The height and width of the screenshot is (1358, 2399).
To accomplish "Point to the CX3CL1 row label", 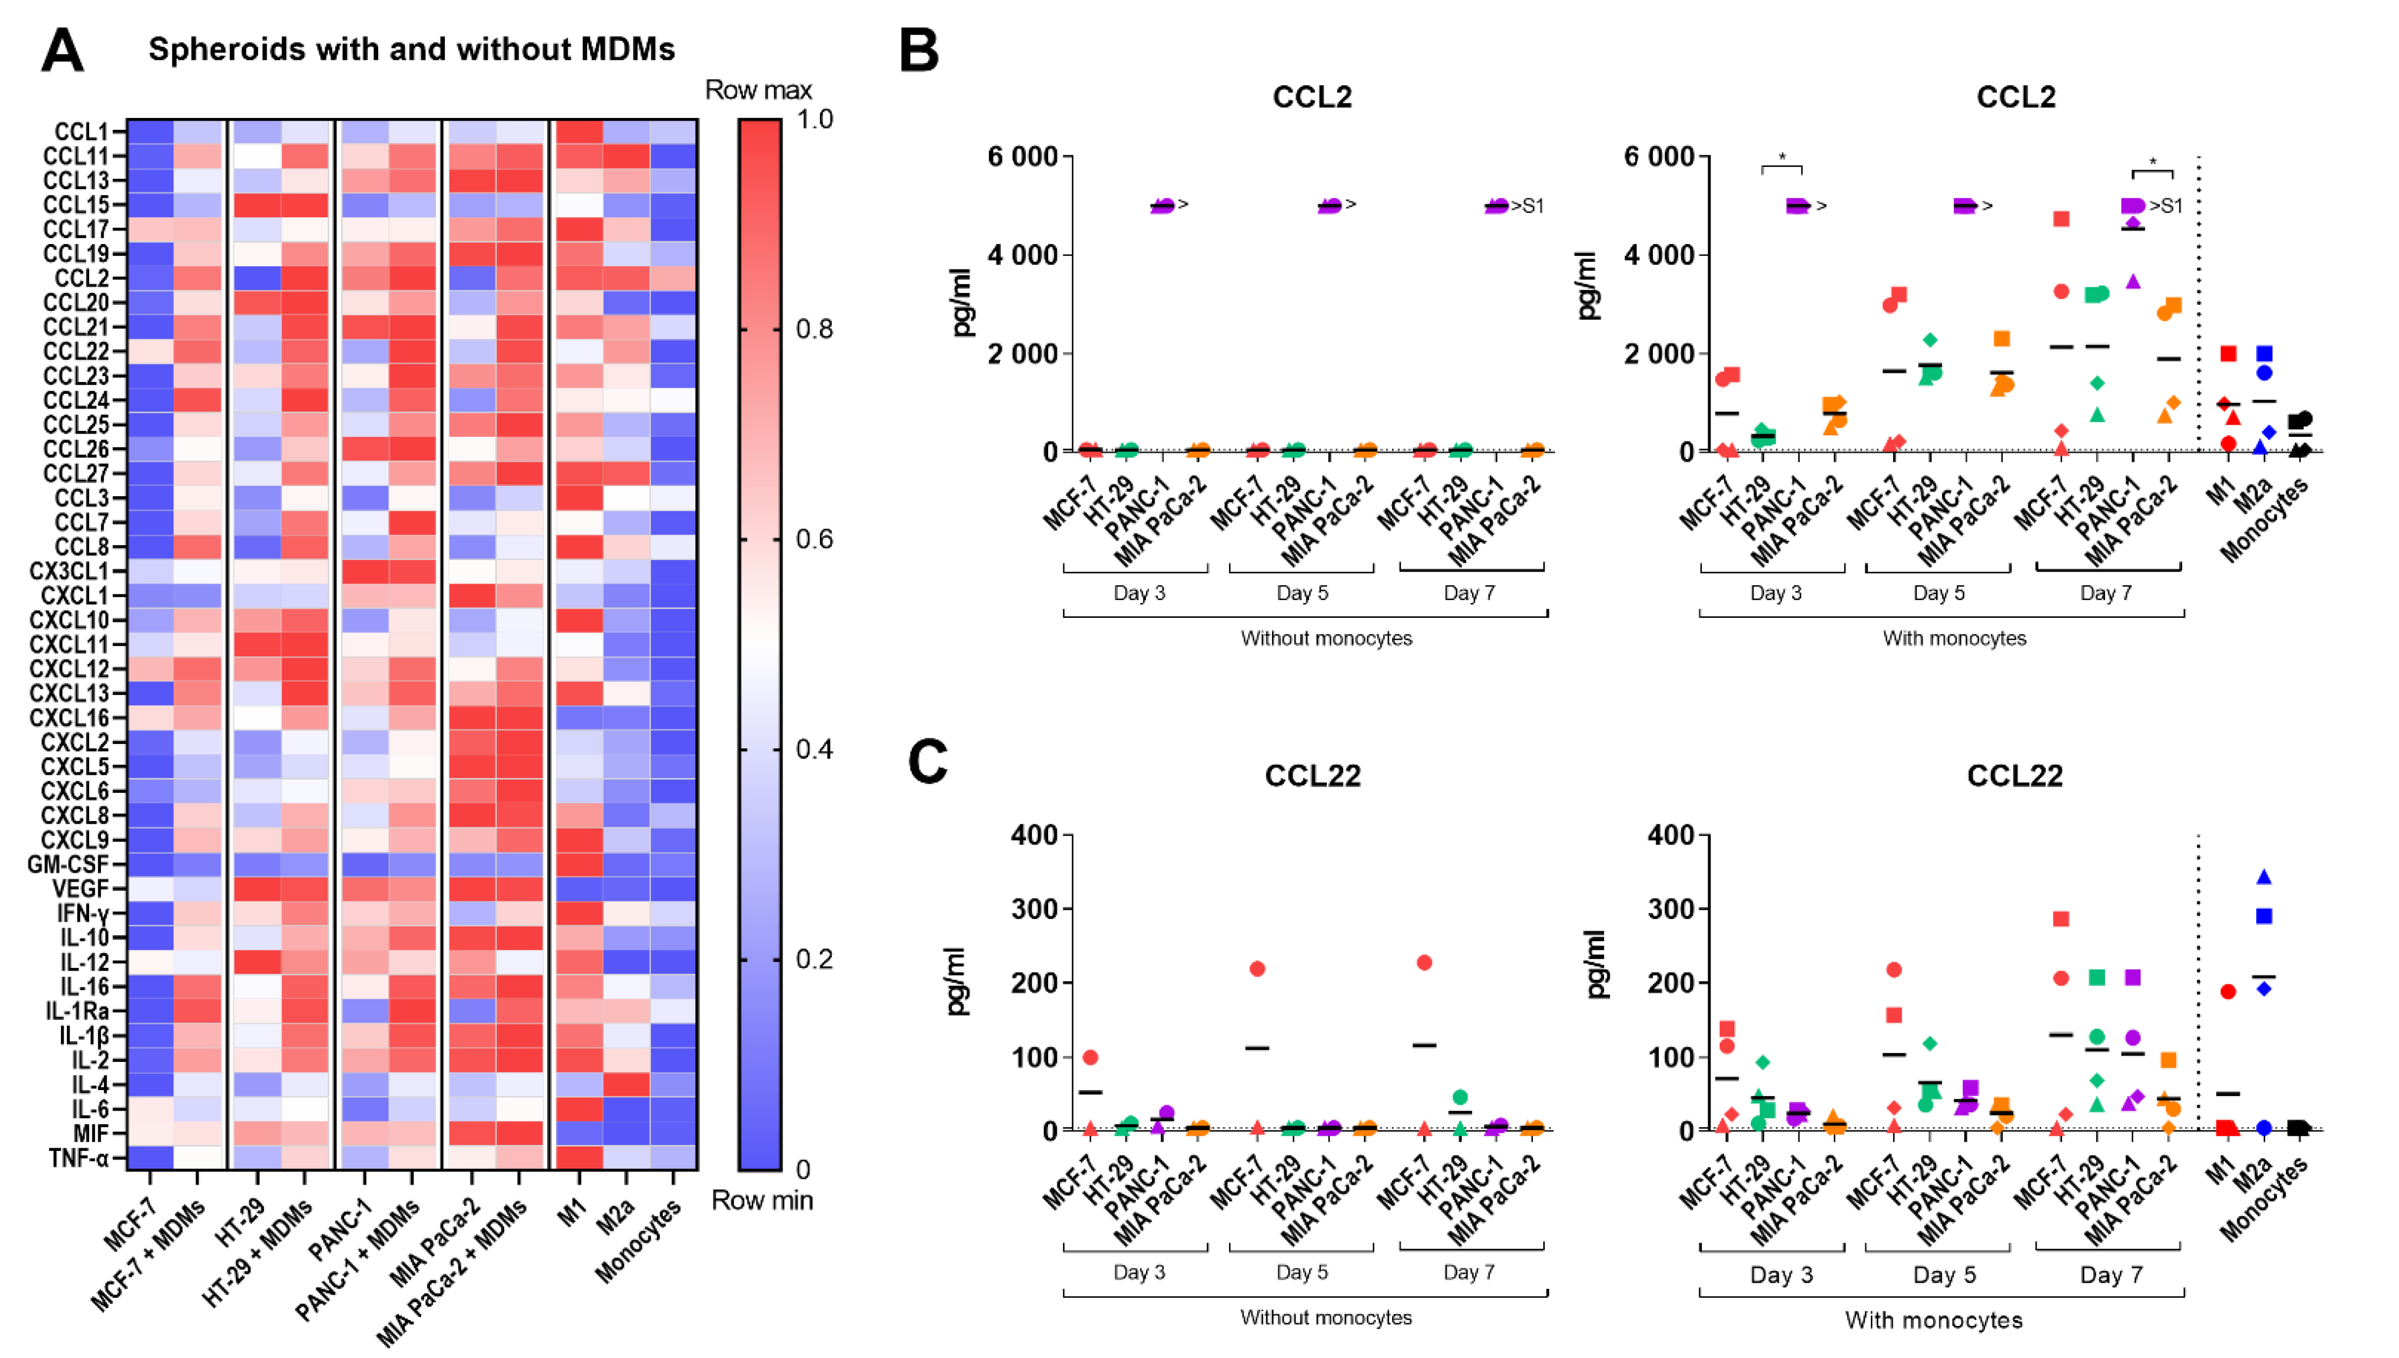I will tap(69, 571).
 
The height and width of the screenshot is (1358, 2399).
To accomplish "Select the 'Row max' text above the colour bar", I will tap(758, 90).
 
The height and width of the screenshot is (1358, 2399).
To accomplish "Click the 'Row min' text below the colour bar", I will tap(762, 1200).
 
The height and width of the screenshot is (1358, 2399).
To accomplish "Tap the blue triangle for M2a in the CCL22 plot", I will tap(2263, 877).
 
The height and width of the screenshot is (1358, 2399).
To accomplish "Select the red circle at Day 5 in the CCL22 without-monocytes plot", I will tap(1257, 969).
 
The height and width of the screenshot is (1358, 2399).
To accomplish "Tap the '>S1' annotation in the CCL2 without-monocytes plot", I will tap(1526, 206).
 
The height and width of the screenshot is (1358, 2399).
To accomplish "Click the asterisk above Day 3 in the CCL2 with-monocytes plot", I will tap(1782, 158).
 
